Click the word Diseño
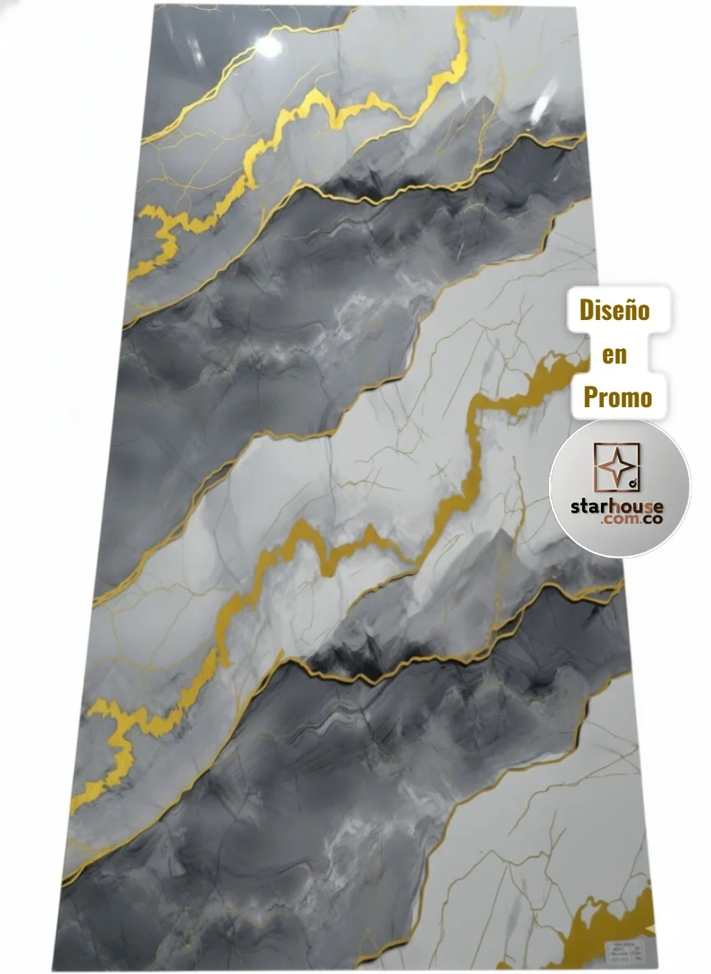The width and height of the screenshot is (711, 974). tap(615, 311)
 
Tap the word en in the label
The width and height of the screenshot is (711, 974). tap(615, 355)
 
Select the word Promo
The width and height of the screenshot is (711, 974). tap(617, 398)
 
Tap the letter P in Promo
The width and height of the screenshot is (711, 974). tap(590, 398)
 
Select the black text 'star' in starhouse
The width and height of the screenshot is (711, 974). tap(589, 505)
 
